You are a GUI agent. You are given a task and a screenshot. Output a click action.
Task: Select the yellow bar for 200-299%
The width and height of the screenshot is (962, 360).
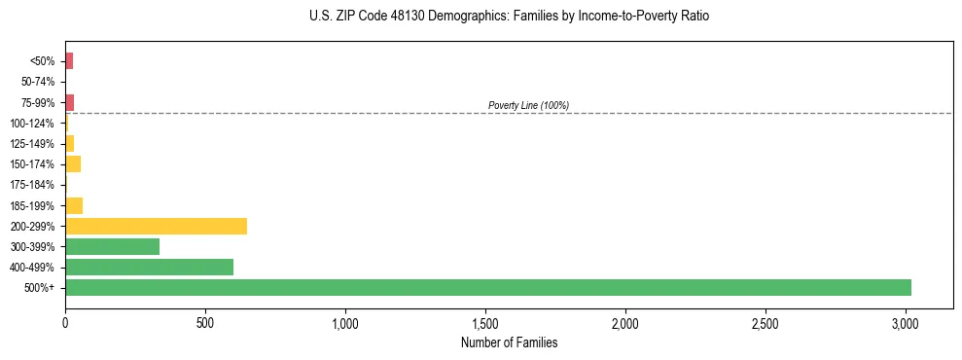[x=156, y=226]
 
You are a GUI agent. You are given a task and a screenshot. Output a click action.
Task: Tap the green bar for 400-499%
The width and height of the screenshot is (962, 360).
[x=149, y=267]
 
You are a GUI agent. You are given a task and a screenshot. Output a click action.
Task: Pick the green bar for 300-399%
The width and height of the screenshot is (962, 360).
[x=112, y=246]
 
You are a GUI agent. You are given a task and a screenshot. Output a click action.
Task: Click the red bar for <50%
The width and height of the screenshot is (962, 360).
[x=69, y=61]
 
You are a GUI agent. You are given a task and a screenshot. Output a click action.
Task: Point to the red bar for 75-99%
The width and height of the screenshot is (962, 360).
[x=69, y=102]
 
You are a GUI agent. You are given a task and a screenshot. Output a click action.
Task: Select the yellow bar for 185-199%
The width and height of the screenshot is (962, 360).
[x=74, y=205]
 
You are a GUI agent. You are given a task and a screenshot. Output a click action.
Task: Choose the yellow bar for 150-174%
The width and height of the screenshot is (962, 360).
[x=73, y=163]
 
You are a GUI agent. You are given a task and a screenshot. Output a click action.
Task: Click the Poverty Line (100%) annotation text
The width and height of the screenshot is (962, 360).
[x=528, y=105]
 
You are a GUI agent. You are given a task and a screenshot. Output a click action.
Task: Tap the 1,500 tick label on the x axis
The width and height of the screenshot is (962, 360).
[x=485, y=322]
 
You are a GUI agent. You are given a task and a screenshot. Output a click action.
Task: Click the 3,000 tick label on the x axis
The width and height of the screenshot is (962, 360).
[x=906, y=322]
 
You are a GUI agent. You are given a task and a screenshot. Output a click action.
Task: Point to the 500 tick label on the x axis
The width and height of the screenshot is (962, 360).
[x=205, y=322]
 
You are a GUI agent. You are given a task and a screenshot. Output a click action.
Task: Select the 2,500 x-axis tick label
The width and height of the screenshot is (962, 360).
[x=766, y=322]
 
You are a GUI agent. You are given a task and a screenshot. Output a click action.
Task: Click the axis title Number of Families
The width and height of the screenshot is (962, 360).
[x=509, y=342]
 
